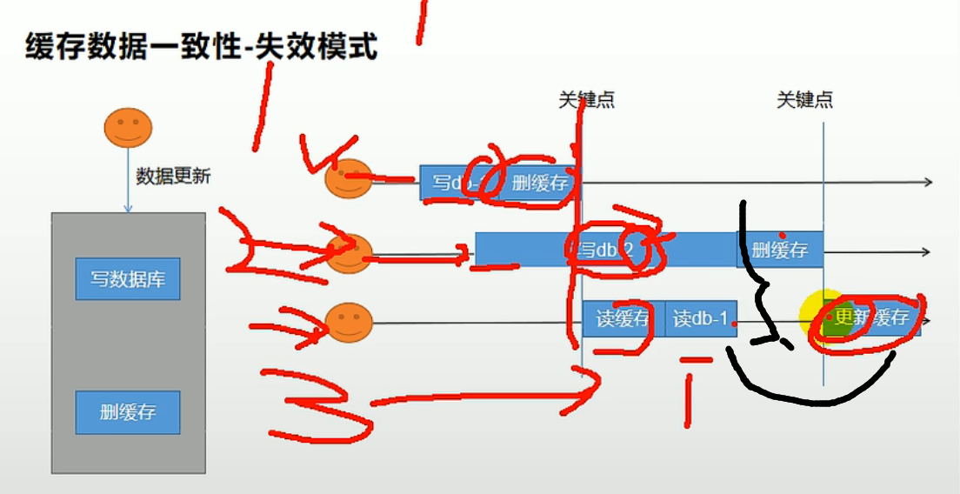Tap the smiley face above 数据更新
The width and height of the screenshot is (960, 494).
tap(128, 129)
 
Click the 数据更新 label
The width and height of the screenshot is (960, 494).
tap(173, 176)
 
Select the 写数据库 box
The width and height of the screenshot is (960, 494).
tap(128, 279)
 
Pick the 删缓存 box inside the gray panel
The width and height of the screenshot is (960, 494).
tap(128, 412)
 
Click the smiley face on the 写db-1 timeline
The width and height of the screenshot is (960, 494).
tap(348, 179)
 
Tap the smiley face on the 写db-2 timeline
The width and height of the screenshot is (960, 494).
tap(349, 253)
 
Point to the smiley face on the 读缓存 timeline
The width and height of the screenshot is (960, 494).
tap(348, 323)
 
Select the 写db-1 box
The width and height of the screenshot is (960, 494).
tap(452, 183)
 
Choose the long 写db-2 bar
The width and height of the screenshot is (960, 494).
tap(605, 250)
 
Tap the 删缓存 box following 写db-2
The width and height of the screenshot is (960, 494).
tap(779, 250)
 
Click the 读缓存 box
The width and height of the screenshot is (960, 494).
tap(623, 319)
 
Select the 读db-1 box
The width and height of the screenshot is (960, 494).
tap(701, 319)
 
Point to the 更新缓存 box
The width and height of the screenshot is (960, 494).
tap(872, 317)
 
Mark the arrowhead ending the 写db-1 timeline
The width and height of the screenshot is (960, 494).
tap(928, 182)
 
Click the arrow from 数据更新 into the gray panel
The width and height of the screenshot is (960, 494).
tap(128, 187)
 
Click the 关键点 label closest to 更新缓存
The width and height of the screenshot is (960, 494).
tap(804, 100)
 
